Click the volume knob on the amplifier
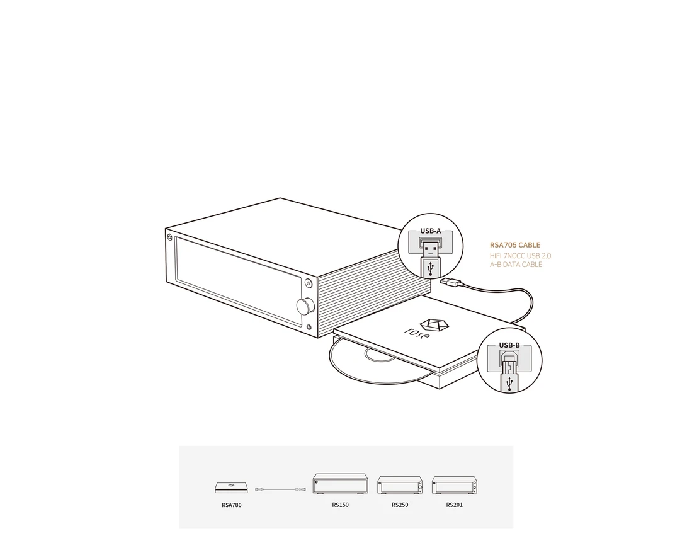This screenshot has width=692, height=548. pos(305,306)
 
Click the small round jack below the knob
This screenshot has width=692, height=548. pos(309,328)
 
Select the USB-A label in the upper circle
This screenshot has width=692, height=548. pos(430,231)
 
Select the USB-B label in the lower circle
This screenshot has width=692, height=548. pos(509,345)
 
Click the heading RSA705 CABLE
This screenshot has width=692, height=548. pos(515,245)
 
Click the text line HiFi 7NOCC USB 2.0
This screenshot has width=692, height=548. pos(520,256)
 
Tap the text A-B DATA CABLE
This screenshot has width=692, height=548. pos(516,265)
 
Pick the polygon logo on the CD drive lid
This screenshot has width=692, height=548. pos(434,325)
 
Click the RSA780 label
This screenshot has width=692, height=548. pos(232,505)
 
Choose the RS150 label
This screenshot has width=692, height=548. pos(340,505)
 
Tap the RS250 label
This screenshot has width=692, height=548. pos(400,505)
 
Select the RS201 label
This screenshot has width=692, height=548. pos(455,505)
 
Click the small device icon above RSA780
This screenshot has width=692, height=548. pos(231,488)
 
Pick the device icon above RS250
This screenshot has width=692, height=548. pos(400,485)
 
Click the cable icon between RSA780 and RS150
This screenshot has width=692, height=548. pos(281,489)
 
